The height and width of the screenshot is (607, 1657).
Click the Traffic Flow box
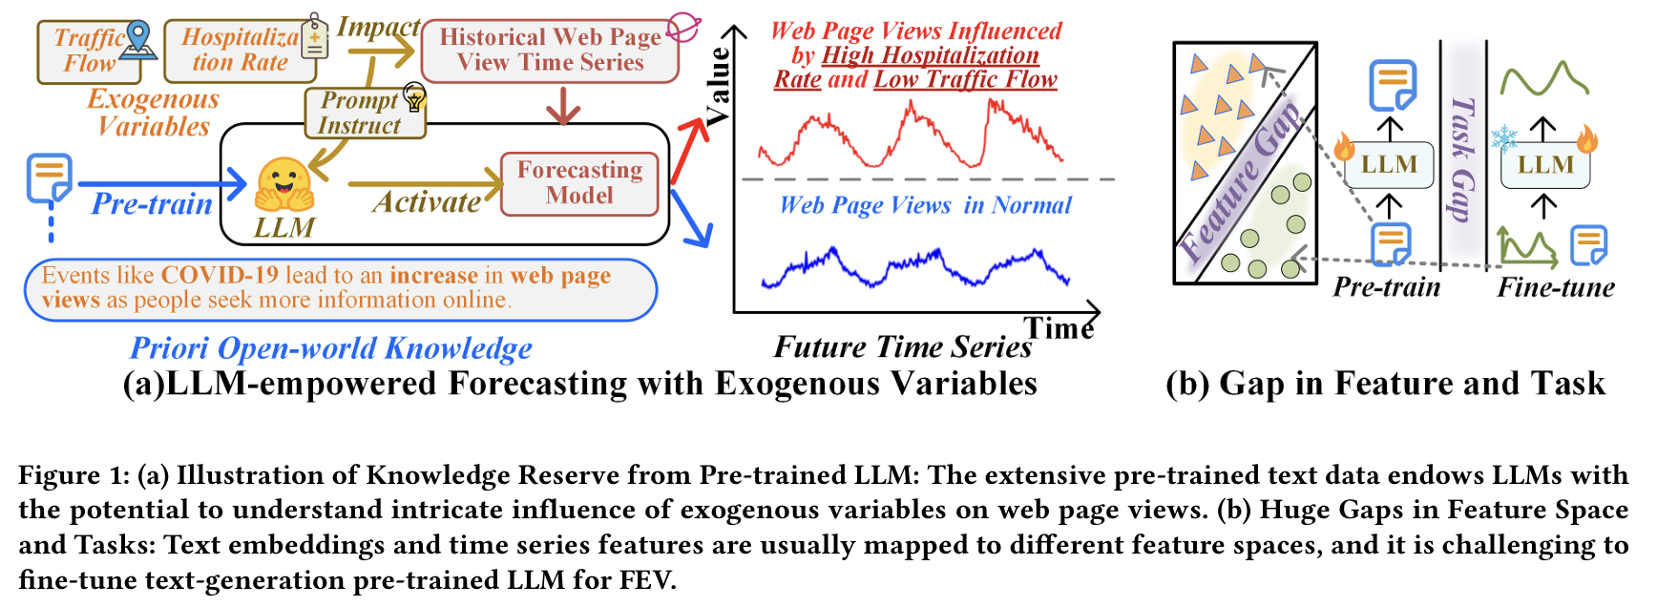[88, 52]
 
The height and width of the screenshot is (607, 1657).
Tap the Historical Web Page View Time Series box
[550, 50]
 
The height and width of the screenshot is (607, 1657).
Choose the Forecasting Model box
[579, 183]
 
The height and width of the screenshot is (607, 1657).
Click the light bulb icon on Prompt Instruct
[414, 96]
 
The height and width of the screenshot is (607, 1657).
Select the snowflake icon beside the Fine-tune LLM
[1504, 138]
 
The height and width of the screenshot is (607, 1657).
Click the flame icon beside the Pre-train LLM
[1344, 146]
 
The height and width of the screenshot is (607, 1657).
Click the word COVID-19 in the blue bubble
[220, 275]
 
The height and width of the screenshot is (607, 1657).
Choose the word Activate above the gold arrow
[427, 202]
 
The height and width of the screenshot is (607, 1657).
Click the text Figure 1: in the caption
[73, 475]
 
